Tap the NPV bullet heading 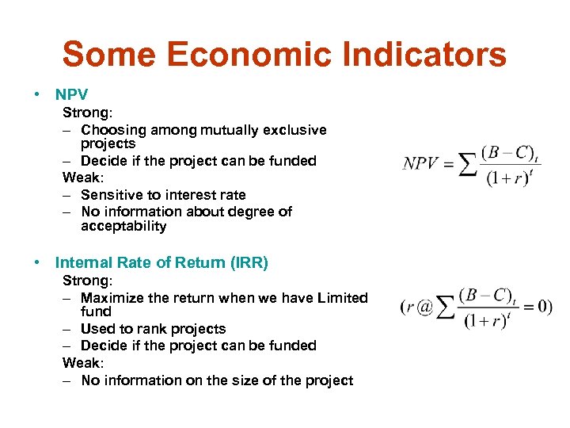pyautogui.click(x=72, y=95)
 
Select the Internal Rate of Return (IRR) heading pyautogui.click(x=161, y=262)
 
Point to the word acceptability pyautogui.click(x=123, y=226)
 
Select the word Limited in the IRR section pyautogui.click(x=342, y=298)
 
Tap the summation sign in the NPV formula pyautogui.click(x=469, y=164)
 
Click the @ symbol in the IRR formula pyautogui.click(x=425, y=307)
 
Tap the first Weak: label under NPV pyautogui.click(x=82, y=178)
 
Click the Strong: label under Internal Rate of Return pyautogui.click(x=87, y=281)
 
